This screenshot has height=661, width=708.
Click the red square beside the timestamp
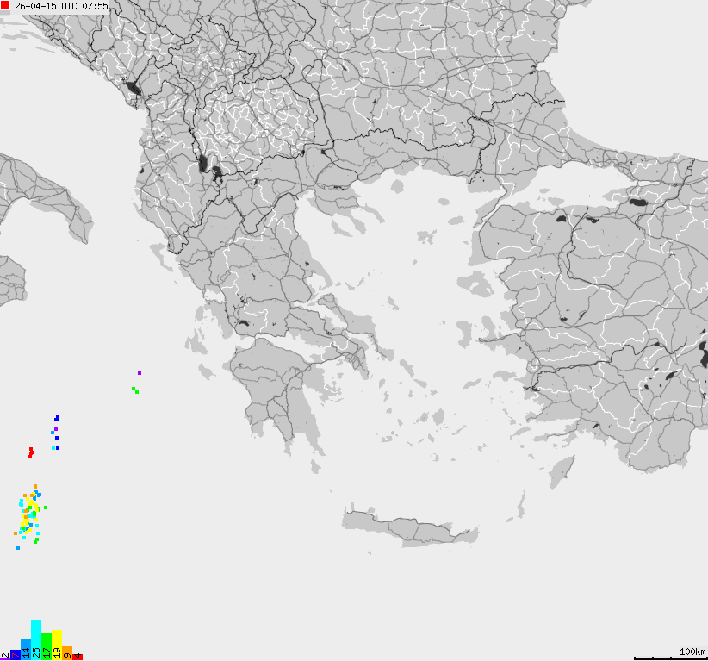point(5,5)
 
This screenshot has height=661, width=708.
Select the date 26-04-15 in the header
point(36,6)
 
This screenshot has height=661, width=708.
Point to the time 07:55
point(96,6)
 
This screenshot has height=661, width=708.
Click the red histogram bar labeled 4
point(78,657)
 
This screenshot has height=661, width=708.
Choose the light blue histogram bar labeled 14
point(26,649)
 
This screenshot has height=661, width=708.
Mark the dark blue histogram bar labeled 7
point(16,654)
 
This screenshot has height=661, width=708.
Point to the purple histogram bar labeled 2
point(5,657)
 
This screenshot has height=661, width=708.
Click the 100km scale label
point(692,651)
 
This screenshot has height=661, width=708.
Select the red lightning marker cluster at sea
point(31,452)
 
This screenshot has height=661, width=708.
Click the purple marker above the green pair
point(140,373)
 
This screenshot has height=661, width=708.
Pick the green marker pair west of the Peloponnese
point(135,390)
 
